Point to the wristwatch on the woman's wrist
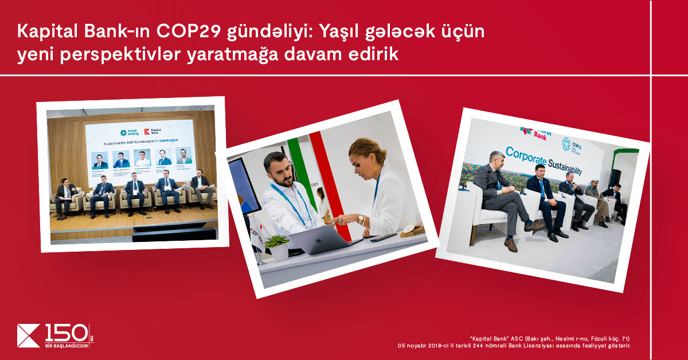361,219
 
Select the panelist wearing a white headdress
594,198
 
